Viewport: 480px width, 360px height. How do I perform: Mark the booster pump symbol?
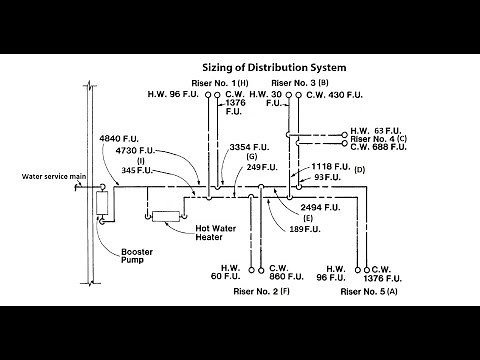(101, 207)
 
